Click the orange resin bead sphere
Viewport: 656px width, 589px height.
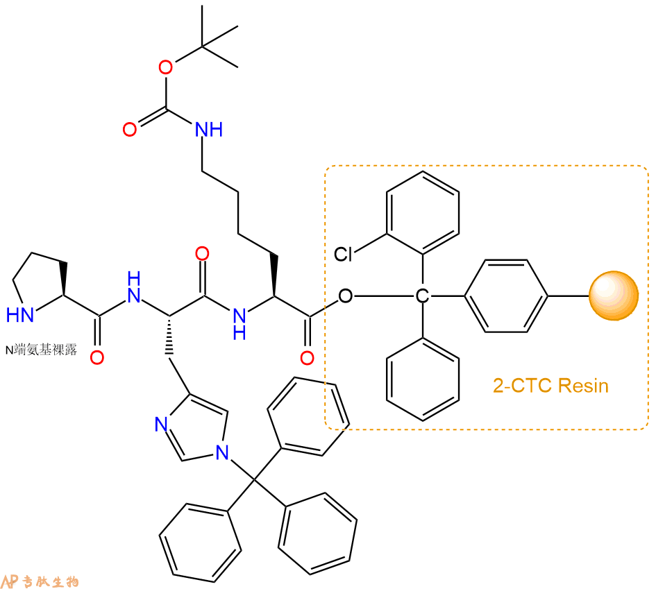pos(614,296)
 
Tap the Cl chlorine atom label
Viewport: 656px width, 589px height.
pos(343,254)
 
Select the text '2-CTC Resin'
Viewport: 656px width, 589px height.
pos(550,386)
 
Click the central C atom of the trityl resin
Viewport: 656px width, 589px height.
pos(423,296)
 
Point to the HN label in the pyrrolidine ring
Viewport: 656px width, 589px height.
pos(20,315)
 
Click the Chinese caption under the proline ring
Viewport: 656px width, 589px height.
pos(41,350)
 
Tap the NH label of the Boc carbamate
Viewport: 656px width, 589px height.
pos(209,130)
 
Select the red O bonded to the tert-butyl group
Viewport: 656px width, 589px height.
pos(166,67)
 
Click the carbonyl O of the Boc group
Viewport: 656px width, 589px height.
pos(130,130)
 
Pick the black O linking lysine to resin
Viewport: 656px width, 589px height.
pos(346,296)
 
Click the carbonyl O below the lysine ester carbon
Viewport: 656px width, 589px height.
pos(307,358)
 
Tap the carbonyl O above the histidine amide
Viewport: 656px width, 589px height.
pos(203,254)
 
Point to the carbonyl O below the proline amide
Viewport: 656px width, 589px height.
pos(97,358)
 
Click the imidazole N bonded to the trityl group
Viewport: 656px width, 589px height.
pos(222,452)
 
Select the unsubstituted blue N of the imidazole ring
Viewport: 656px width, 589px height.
pos(162,424)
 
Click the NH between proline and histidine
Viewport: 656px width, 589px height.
pos(134,287)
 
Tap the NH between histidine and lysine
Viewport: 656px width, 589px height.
pos(239,323)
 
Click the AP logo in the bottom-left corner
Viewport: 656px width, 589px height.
pos(9,581)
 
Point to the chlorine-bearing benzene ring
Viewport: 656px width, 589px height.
pos(423,213)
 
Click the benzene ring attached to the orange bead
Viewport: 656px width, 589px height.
pos(506,296)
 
